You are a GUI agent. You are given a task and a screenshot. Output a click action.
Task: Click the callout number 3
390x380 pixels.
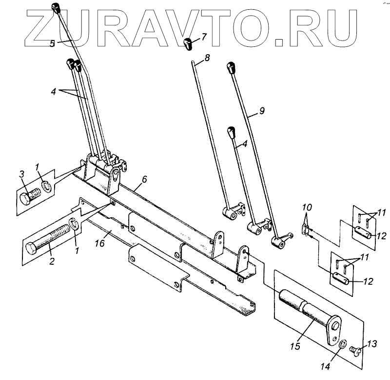tap(21, 174)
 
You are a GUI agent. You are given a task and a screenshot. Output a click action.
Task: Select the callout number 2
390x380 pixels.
tap(51, 261)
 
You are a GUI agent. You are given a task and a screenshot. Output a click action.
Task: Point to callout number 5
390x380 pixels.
tap(53, 43)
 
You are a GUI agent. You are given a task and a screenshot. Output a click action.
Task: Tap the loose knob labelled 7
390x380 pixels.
tap(189, 43)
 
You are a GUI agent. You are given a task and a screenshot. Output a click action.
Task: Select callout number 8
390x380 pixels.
tap(207, 58)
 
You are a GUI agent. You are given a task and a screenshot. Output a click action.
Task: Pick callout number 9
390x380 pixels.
tap(262, 111)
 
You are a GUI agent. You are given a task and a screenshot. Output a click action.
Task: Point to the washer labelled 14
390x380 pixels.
tap(342, 346)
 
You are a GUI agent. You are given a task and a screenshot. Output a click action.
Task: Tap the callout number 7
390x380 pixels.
tap(204, 36)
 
